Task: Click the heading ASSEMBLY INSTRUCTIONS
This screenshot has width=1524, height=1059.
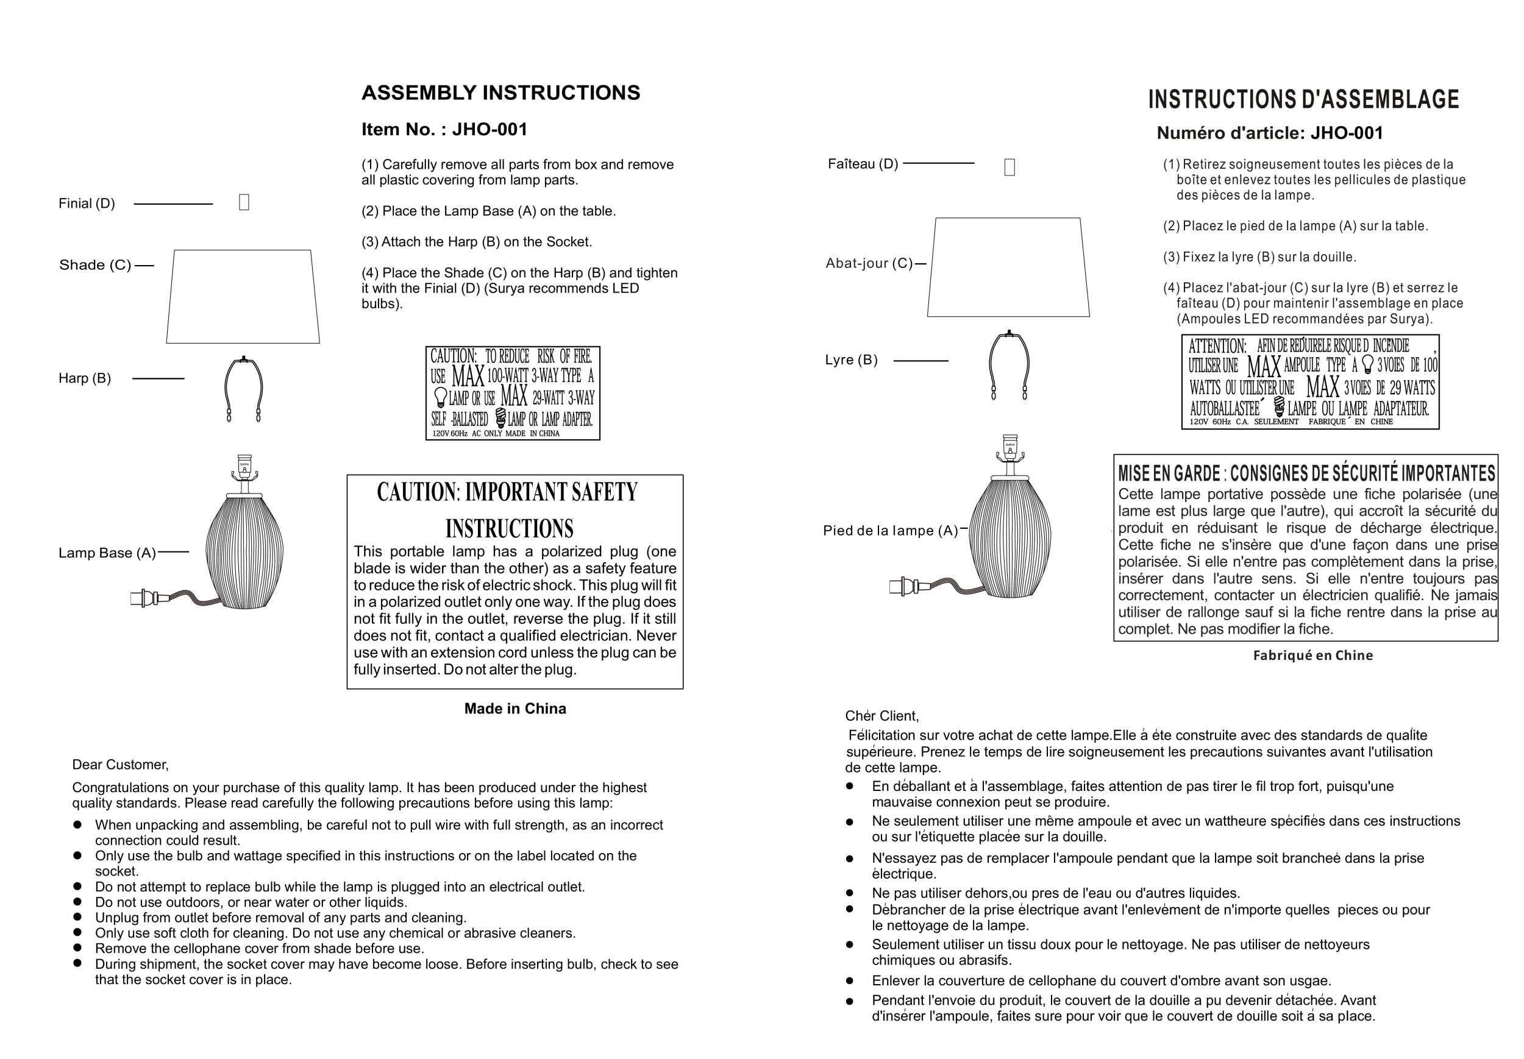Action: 500,93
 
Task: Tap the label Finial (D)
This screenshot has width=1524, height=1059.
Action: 87,204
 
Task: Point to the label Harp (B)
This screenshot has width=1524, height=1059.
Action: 85,378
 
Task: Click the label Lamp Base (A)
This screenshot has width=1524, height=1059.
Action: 107,553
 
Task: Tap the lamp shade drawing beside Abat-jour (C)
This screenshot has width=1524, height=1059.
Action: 1008,267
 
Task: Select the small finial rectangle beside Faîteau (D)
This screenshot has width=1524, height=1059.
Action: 1009,167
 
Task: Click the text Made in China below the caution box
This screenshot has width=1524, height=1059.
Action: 515,709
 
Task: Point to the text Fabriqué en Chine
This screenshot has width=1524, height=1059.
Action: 1313,656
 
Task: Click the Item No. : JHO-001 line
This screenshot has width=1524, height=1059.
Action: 444,129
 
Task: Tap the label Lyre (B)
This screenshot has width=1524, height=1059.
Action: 851,360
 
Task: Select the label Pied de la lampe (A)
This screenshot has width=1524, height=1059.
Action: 890,531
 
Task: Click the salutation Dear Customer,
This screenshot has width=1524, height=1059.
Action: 120,764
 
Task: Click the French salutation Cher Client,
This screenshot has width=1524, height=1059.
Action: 881,716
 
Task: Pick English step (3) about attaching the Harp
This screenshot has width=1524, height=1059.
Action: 477,242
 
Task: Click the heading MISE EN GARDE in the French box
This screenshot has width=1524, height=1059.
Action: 1169,474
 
